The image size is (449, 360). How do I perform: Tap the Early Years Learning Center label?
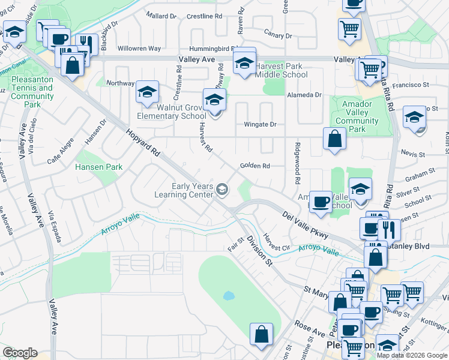click(x=192, y=190)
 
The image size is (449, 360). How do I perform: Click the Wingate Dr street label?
click(x=259, y=125)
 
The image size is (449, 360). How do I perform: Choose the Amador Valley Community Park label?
click(x=357, y=117)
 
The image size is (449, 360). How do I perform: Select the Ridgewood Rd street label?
click(x=297, y=163)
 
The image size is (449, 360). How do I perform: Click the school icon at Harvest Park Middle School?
click(x=244, y=62)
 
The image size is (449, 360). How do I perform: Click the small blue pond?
click(x=228, y=296)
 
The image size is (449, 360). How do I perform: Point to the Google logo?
click(x=20, y=353)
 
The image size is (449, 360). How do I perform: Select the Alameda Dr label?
click(x=306, y=95)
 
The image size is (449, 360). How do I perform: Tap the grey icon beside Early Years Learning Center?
click(x=222, y=190)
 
